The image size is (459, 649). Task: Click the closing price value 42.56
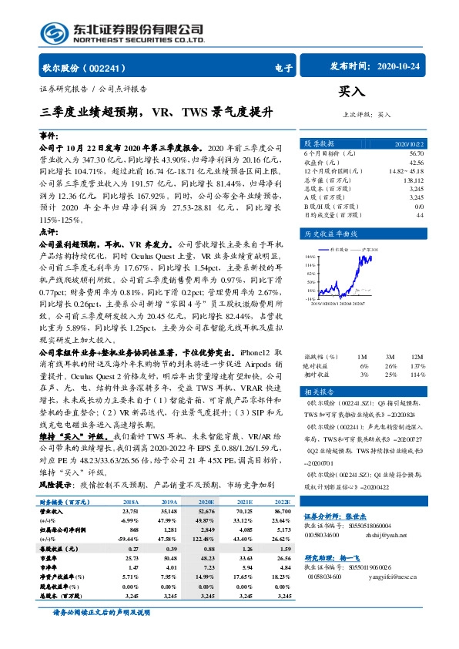pos(416,163)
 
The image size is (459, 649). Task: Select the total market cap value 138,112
pos(414,179)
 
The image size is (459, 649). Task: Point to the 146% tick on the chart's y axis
pos(310,255)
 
